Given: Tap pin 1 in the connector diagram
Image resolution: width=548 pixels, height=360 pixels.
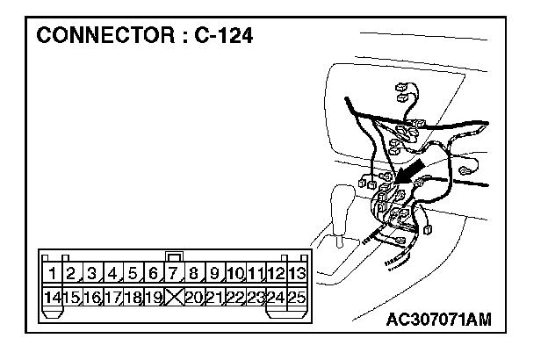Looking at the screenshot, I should [x=54, y=273].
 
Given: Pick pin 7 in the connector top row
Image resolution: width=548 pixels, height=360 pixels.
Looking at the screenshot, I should [x=174, y=273].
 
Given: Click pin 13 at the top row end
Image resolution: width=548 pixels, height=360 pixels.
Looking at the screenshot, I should [x=297, y=273].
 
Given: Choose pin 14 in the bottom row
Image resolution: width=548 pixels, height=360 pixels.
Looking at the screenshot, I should [x=54, y=297].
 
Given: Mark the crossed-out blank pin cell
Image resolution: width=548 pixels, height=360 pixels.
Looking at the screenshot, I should [x=174, y=297].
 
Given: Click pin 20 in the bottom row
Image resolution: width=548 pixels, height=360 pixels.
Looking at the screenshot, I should [x=194, y=297].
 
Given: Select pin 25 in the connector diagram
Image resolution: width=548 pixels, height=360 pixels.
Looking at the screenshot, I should [x=297, y=297].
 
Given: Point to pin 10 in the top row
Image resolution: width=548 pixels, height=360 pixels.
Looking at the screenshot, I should [x=235, y=273].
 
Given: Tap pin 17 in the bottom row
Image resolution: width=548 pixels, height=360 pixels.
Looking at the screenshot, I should [x=113, y=297].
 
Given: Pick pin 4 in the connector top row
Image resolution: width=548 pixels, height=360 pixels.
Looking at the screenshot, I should [x=113, y=273].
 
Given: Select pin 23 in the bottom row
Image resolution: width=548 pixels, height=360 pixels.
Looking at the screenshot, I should [x=256, y=297].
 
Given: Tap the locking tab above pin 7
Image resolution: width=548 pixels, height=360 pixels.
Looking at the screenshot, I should [x=174, y=256].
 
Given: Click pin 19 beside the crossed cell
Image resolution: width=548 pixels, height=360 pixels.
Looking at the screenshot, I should [x=153, y=297].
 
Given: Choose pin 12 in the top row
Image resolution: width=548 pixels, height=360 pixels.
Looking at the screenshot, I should [x=277, y=273].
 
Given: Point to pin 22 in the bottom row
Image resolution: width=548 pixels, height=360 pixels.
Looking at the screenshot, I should [x=235, y=297].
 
